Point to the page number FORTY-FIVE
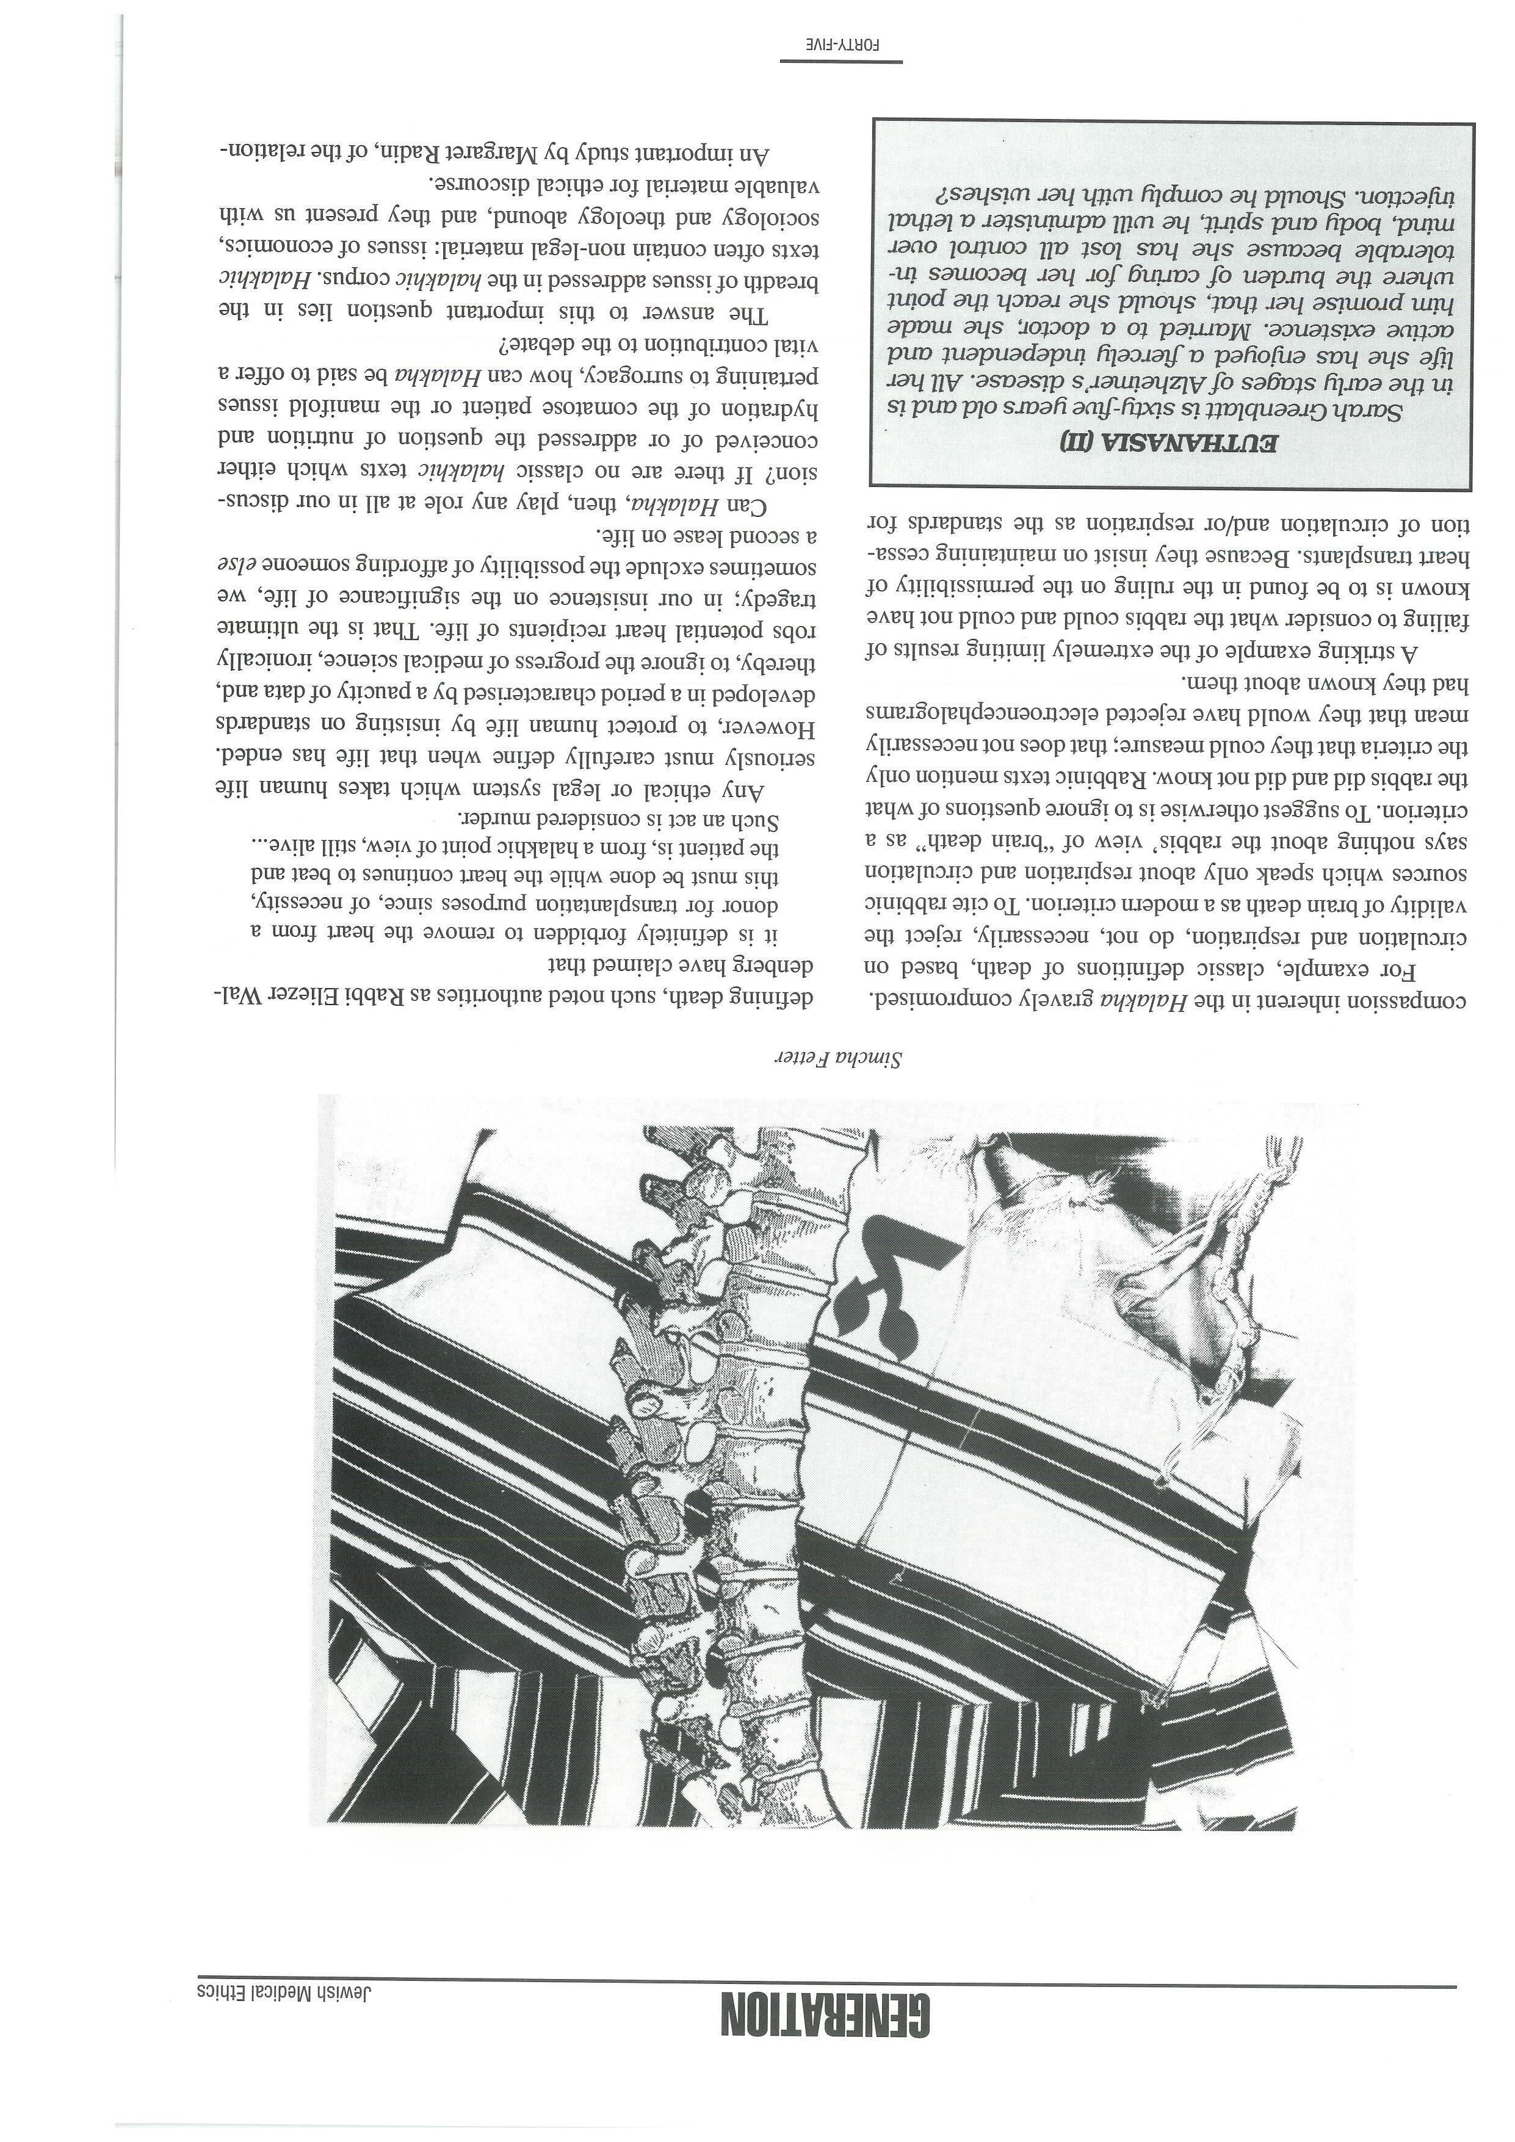(842, 45)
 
